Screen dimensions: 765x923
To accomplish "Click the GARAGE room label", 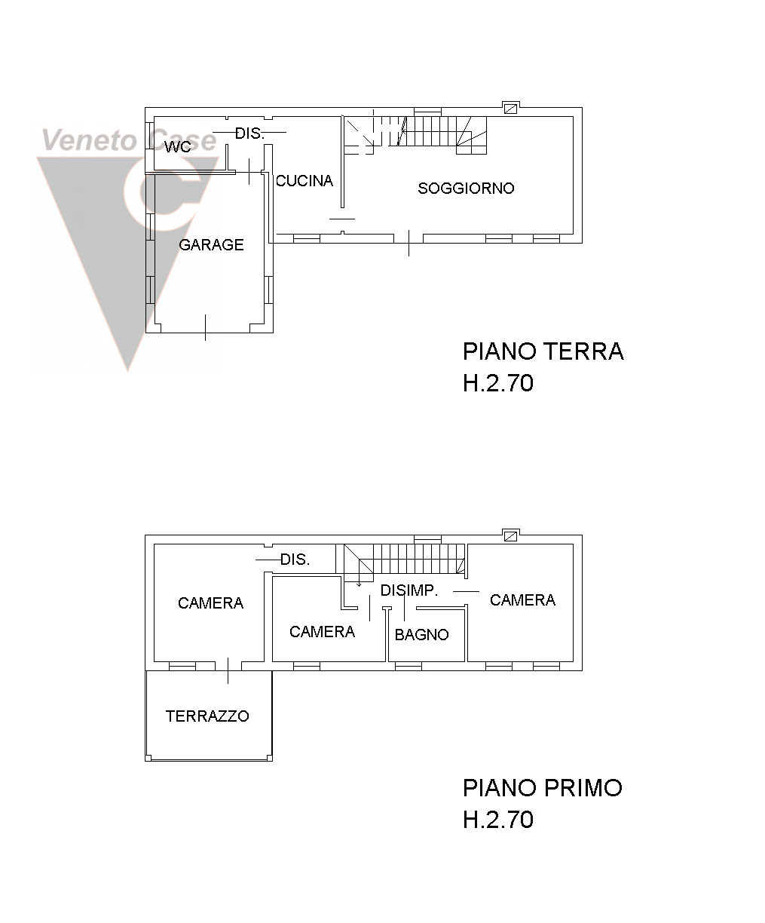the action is pos(211,244).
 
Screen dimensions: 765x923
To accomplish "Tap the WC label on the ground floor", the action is pos(178,147).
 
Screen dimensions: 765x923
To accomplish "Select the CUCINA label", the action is pos(304,180).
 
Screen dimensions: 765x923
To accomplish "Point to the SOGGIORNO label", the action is pos(467,189).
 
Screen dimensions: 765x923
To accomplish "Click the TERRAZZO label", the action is pos(207,716).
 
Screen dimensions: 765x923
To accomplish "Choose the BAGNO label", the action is pos(421,635).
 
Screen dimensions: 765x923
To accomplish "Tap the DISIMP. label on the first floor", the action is pos(409,590).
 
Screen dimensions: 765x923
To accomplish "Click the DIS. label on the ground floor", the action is pos(249,133).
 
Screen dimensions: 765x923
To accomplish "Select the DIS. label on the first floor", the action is pos(295,560).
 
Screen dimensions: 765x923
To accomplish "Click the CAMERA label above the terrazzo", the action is pos(210,603).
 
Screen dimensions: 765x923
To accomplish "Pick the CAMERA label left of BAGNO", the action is pos(322,632).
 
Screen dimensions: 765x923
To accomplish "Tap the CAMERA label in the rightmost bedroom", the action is pos(522,599).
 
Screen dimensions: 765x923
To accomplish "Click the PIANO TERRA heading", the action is pos(543,351).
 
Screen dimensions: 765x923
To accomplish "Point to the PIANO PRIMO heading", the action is pos(543,788).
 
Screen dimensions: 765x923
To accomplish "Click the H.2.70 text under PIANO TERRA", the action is pos(498,383).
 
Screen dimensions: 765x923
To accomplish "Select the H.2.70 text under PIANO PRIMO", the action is pos(498,819).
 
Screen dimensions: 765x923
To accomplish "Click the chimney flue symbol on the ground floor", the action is pos(510,109).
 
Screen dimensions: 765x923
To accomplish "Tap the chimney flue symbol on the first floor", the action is pos(510,536).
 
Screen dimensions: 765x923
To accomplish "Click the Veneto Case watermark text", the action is pos(129,140).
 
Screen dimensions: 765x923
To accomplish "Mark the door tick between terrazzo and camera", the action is pos(228,670).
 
